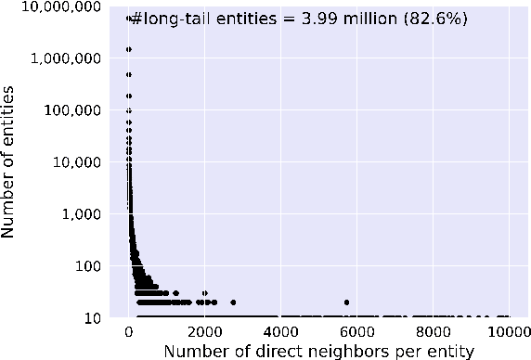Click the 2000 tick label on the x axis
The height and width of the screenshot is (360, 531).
tap(204, 330)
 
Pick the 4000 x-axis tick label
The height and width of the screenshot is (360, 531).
tap(280, 330)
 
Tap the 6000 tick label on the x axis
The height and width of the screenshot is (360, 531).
tap(356, 330)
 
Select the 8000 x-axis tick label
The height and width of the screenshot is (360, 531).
tap(432, 330)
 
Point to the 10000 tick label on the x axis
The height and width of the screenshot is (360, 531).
tap(507, 330)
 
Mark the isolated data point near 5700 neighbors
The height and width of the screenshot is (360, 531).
tap(346, 302)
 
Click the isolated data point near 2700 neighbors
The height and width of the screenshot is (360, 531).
tap(233, 302)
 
